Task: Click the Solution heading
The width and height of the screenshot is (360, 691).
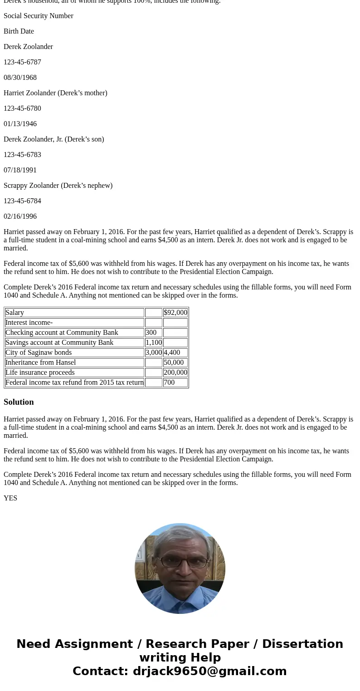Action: pos(19,402)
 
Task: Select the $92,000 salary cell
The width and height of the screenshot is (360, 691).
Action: pos(175,313)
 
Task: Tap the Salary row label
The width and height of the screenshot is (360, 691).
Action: pos(15,313)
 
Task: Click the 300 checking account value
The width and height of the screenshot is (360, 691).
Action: pos(151,333)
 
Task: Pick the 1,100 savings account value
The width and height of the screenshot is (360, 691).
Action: pos(153,343)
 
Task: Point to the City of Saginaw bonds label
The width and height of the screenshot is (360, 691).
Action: pos(39,353)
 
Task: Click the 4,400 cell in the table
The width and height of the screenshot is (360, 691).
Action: pos(172,353)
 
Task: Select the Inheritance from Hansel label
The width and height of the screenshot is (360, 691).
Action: pos(41,363)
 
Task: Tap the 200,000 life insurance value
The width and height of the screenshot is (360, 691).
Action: pos(175,372)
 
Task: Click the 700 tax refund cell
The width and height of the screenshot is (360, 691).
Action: pos(169,382)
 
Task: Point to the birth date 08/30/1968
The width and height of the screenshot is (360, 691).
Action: pos(20,78)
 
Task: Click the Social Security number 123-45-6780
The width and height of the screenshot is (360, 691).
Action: pos(22,108)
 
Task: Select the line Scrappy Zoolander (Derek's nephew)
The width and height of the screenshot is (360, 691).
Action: pos(58,186)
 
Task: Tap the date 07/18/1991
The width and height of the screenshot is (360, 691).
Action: pos(20,170)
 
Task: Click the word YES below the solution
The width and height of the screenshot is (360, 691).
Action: pos(10,498)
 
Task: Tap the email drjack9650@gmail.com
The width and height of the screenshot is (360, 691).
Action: pos(209,671)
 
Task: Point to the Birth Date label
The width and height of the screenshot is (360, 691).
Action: pos(19,31)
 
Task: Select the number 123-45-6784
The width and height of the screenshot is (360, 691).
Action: pos(22,201)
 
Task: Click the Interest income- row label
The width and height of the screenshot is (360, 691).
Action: pos(29,323)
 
